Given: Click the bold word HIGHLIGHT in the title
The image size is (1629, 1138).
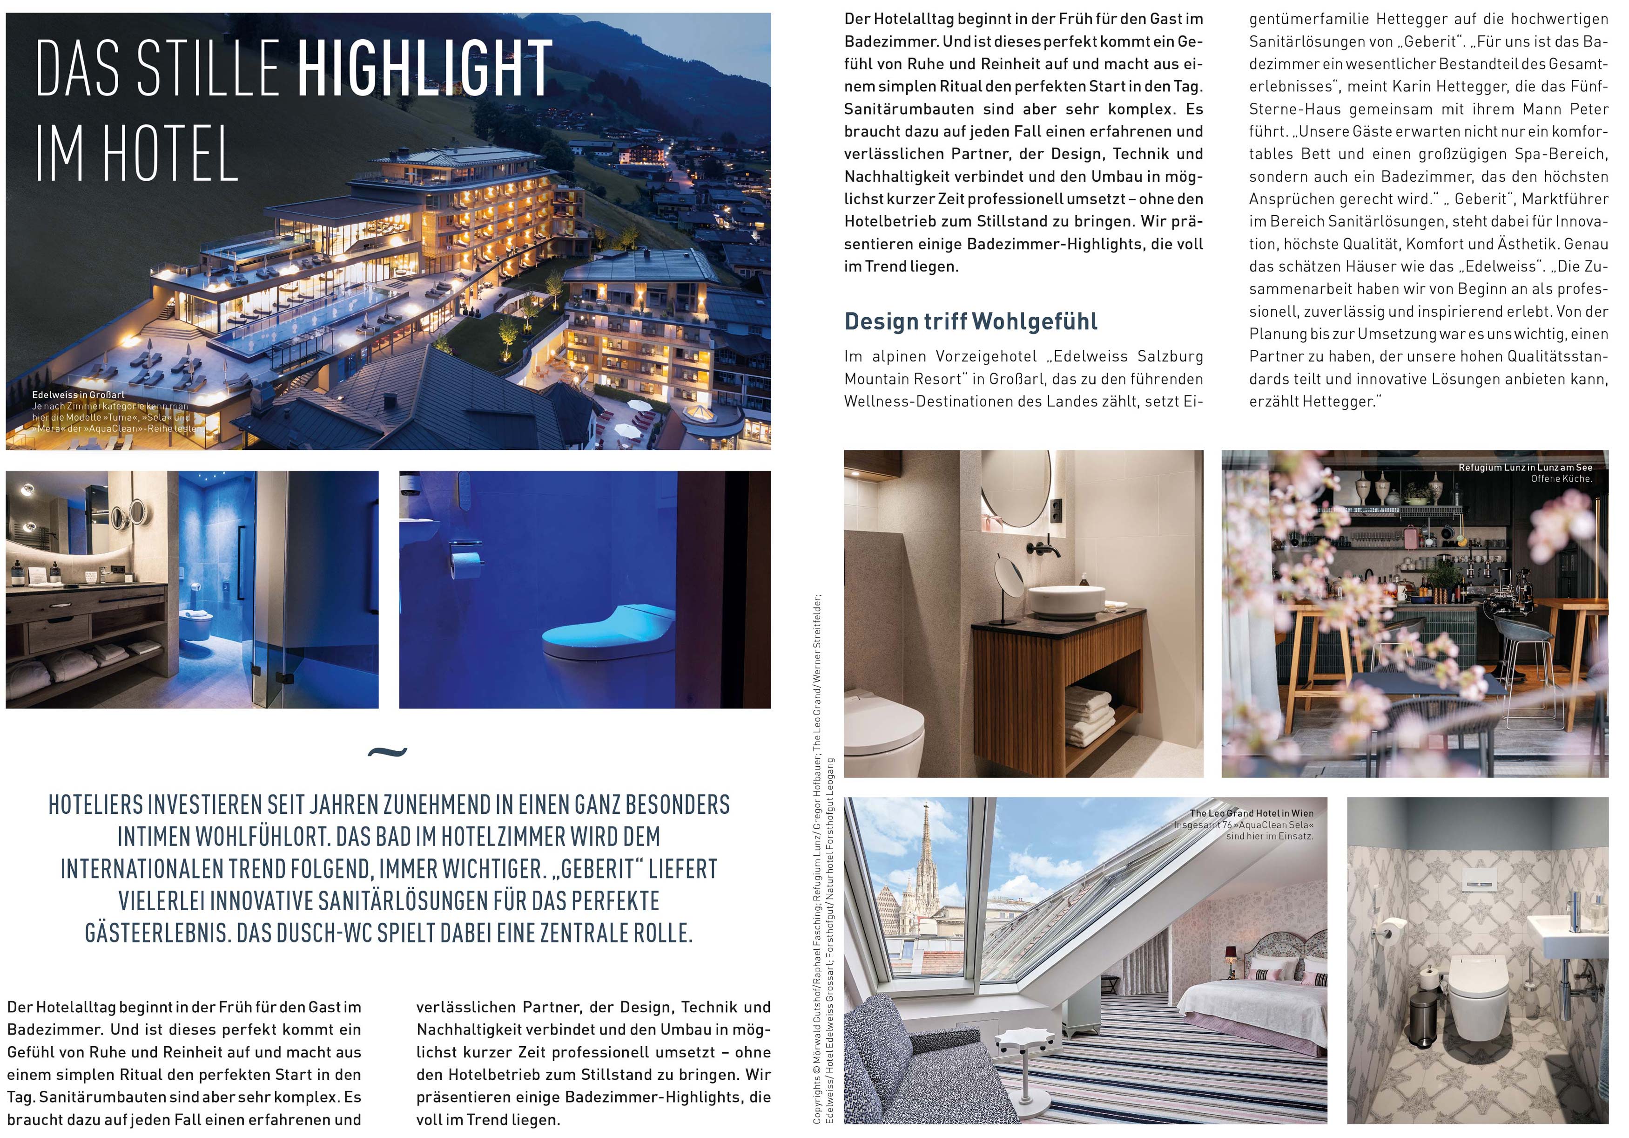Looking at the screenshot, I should pos(424,69).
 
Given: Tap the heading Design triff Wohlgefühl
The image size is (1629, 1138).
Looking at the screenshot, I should pos(970,321).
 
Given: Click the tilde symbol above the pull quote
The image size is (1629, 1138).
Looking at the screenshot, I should pos(387,751).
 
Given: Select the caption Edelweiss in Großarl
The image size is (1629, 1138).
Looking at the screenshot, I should pos(78,395).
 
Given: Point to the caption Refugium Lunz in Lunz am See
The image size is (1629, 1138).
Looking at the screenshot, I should pos(1525,467).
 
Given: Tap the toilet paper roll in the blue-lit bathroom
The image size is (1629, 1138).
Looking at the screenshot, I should pos(465,566).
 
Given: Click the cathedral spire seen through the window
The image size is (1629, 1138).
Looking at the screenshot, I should pos(926,859).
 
